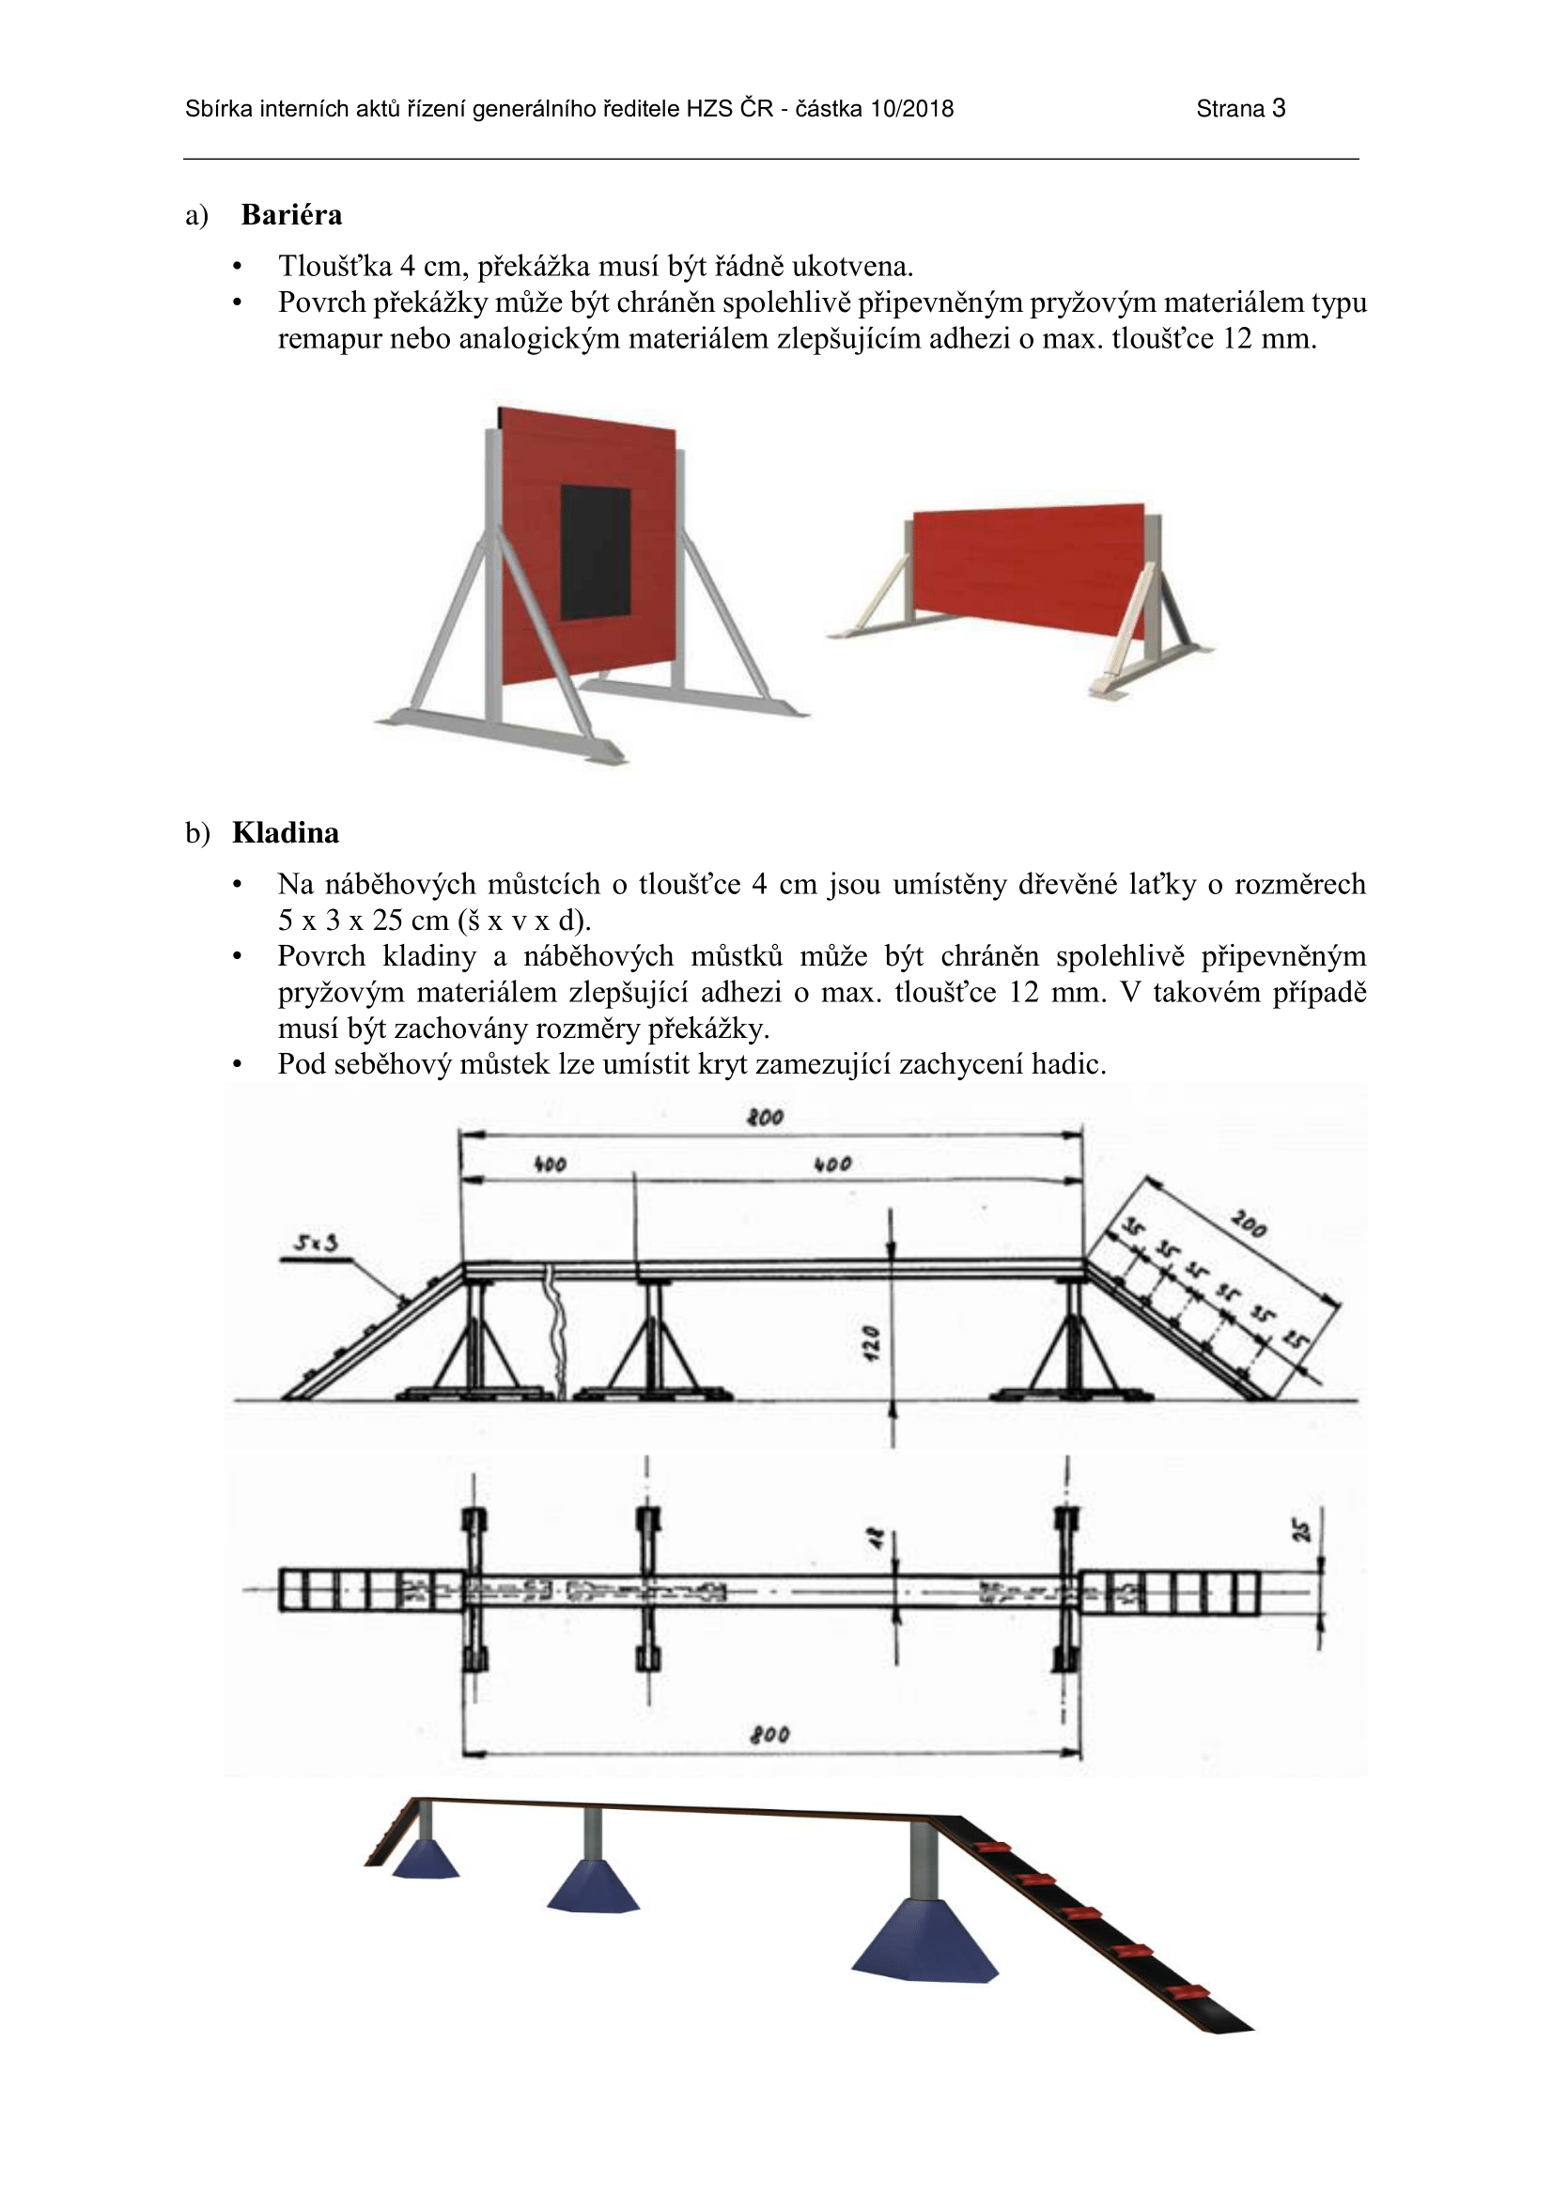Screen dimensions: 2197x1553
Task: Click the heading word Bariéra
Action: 291,214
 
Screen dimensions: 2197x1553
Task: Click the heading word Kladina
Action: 286,832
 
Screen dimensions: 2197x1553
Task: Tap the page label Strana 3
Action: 1240,109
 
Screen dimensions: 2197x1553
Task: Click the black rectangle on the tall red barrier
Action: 594,552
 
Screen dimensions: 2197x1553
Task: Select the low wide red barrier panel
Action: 1029,567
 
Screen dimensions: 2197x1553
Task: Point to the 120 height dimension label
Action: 870,1343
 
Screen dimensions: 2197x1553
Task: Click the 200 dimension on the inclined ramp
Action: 1249,1224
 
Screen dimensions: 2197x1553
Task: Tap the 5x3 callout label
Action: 315,1244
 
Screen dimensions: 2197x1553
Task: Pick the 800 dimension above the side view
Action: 766,1117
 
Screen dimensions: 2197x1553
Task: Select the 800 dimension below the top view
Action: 770,1735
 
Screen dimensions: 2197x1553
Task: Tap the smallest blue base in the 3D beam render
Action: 425,1859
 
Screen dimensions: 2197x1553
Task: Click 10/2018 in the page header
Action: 912,109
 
